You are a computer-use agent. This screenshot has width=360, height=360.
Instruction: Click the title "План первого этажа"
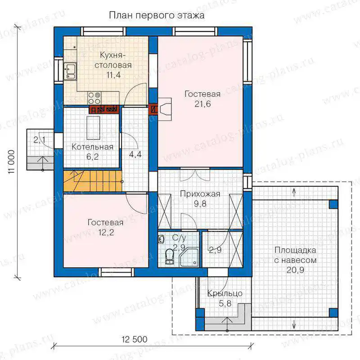pyautogui.click(x=157, y=16)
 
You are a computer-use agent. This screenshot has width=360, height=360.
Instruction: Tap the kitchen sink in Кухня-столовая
pyautogui.click(x=70, y=71)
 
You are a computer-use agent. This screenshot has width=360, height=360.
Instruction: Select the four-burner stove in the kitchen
pyautogui.click(x=94, y=98)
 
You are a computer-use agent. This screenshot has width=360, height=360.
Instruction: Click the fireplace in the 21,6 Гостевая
pyautogui.click(x=164, y=109)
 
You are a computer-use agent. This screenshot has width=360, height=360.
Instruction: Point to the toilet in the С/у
pyautogui.click(x=170, y=256)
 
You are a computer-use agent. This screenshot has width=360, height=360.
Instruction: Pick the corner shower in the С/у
pyautogui.click(x=189, y=257)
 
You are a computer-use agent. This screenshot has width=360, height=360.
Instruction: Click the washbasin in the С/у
pyautogui.click(x=161, y=239)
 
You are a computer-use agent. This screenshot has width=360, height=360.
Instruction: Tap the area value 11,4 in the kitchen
pyautogui.click(x=113, y=75)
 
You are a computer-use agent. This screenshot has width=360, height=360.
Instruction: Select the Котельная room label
pyautogui.click(x=92, y=147)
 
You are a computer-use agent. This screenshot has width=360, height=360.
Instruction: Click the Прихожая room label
pyautogui.click(x=200, y=194)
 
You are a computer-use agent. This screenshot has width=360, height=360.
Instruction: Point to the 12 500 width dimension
pyautogui.click(x=135, y=339)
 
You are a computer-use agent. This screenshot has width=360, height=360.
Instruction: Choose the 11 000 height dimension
pyautogui.click(x=12, y=162)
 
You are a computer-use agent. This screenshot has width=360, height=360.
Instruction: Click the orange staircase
pyautogui.click(x=93, y=181)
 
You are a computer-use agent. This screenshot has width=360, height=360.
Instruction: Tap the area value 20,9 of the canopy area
pyautogui.click(x=295, y=270)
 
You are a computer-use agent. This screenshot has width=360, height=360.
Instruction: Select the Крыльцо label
pyautogui.click(x=225, y=293)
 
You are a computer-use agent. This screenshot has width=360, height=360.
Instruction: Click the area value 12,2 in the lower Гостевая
pyautogui.click(x=106, y=233)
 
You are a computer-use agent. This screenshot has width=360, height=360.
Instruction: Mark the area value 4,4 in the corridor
pyautogui.click(x=135, y=154)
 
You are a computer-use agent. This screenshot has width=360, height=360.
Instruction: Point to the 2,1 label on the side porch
pyautogui.click(x=40, y=139)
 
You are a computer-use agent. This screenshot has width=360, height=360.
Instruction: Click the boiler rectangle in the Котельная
pyautogui.click(x=93, y=128)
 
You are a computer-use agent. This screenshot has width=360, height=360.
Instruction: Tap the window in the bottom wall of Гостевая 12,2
pyautogui.click(x=117, y=272)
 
